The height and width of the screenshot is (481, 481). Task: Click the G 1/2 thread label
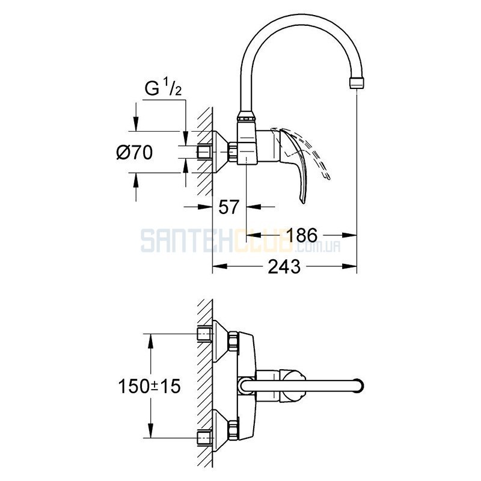coord(163,88)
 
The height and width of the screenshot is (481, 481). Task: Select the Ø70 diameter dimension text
coord(134,153)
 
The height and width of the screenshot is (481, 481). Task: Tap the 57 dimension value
coord(228,207)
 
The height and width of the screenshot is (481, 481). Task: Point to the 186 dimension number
coord(302,235)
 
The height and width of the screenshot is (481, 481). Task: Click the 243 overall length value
coord(284,266)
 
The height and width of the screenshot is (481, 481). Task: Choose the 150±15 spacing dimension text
coord(149,386)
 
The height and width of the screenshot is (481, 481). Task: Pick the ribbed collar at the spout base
coord(245,117)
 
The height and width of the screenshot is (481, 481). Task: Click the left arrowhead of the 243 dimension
coord(219,266)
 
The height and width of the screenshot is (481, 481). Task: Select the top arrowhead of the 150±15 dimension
coord(150,340)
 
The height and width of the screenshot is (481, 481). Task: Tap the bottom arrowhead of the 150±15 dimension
coord(150,431)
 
